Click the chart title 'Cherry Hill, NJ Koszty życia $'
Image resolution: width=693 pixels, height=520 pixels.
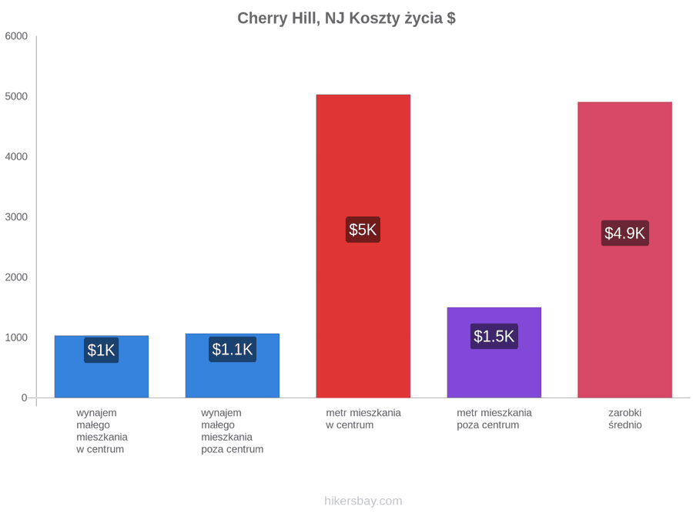[x=346, y=18]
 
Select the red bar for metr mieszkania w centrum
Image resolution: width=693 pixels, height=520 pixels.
[x=363, y=246]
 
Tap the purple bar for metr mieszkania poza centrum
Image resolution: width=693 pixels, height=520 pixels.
[x=494, y=352]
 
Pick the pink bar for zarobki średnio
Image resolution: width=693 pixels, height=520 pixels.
[x=625, y=250]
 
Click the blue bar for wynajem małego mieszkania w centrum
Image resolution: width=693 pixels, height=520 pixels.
[x=102, y=367]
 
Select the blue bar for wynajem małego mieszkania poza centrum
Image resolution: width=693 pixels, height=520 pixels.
[x=233, y=366]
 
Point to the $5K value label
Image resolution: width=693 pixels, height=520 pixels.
[x=363, y=230]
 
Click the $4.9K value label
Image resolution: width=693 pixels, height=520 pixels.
[x=625, y=233]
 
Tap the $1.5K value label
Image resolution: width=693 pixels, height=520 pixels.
[x=494, y=336]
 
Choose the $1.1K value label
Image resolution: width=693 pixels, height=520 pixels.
[x=233, y=349]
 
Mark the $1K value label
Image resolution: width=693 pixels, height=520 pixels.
[x=101, y=351]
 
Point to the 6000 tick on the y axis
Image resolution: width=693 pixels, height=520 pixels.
[x=16, y=36]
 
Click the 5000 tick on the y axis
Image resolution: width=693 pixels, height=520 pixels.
[x=16, y=96]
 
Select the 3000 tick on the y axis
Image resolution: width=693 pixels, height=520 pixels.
[x=16, y=216]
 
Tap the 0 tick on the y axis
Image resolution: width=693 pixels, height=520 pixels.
[x=25, y=398]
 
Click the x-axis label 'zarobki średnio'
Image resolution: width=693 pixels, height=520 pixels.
[x=625, y=419]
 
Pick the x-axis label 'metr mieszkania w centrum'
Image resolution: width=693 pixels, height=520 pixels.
[x=363, y=419]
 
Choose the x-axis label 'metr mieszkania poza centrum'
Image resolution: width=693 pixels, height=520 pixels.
[x=494, y=419]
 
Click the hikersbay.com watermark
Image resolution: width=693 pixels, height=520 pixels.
[x=363, y=501]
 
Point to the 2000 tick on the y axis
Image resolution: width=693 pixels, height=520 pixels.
[x=16, y=277]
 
